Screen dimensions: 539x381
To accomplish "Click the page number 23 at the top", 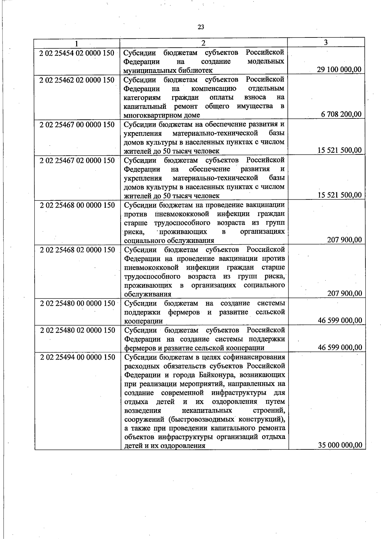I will click(201, 27).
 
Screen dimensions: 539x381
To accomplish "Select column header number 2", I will click(204, 43).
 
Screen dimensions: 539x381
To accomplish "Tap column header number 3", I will click(326, 43).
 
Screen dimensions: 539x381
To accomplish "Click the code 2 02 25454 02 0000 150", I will click(77, 53).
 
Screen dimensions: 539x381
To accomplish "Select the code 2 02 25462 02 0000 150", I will click(77, 80).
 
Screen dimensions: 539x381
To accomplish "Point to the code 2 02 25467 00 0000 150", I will click(77, 125).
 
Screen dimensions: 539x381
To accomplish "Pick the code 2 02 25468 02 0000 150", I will click(77, 250).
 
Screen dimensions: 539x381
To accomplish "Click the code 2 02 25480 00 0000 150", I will click(77, 304).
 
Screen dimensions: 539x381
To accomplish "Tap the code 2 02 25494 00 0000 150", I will click(78, 357).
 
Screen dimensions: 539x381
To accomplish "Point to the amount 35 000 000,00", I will click(340, 445).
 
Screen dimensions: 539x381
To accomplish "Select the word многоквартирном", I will click(150, 115).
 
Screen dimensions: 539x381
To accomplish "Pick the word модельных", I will click(265, 61).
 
